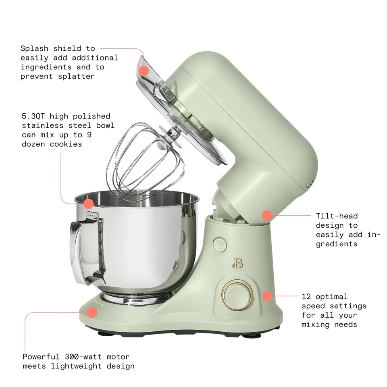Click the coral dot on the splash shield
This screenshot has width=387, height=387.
coord(144,71)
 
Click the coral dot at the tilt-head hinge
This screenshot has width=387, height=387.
coord(266,215)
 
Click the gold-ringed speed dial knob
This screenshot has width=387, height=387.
coord(237,295)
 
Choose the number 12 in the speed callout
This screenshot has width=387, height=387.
coord(306,297)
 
